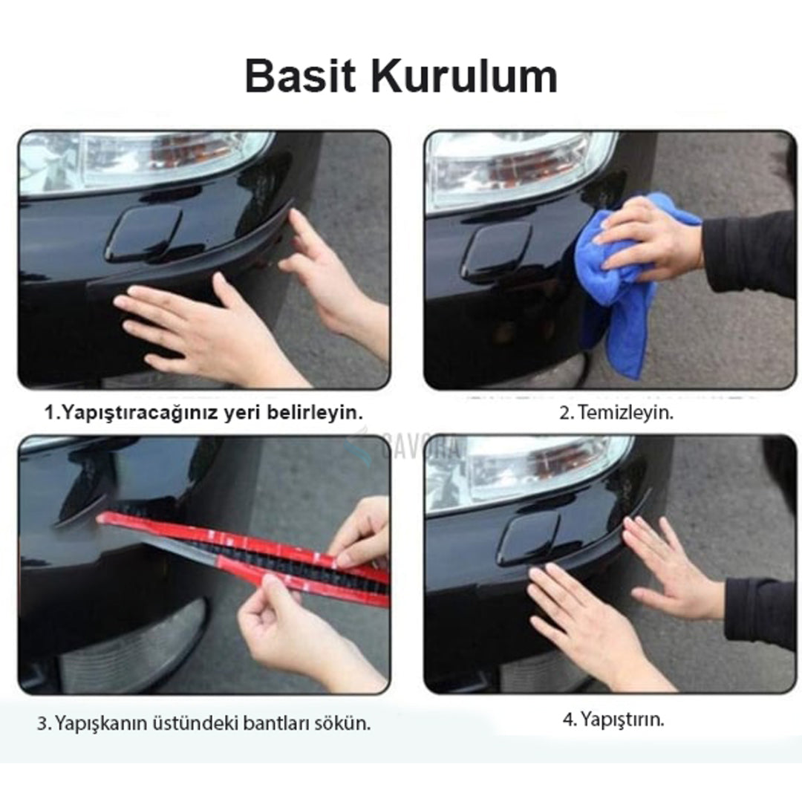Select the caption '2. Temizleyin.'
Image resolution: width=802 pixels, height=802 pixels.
pos(616,413)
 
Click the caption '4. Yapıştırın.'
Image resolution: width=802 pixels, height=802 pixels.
pos(613,719)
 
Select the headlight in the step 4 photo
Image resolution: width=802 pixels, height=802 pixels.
pos(535,468)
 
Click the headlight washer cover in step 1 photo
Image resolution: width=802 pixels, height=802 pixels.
pos(143,232)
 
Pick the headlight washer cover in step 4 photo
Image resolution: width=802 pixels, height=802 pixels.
pos(529,537)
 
